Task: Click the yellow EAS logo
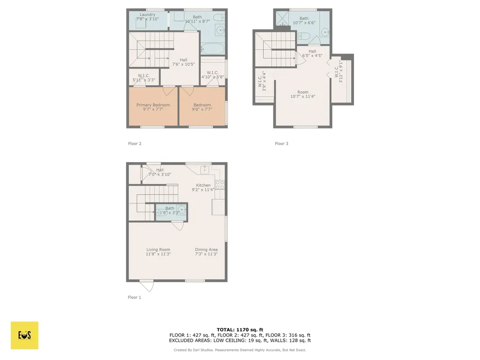tap(24, 335)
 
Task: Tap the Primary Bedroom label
tap(153, 105)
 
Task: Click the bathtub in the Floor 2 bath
tap(213, 48)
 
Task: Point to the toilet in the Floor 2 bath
tap(218, 17)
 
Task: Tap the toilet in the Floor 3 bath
tap(304, 37)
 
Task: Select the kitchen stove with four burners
tap(220, 185)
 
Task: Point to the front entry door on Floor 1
tap(146, 285)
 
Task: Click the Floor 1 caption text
tap(135, 297)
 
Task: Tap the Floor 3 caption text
tap(281, 143)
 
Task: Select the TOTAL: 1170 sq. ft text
tap(240, 330)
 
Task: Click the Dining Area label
tap(206, 250)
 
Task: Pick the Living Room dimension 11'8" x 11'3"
tap(158, 254)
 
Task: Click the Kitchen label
tap(203, 185)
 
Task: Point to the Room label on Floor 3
tap(303, 92)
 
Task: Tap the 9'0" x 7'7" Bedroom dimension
tap(202, 110)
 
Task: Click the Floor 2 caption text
tap(135, 143)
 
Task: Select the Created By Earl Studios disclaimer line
tap(240, 350)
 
